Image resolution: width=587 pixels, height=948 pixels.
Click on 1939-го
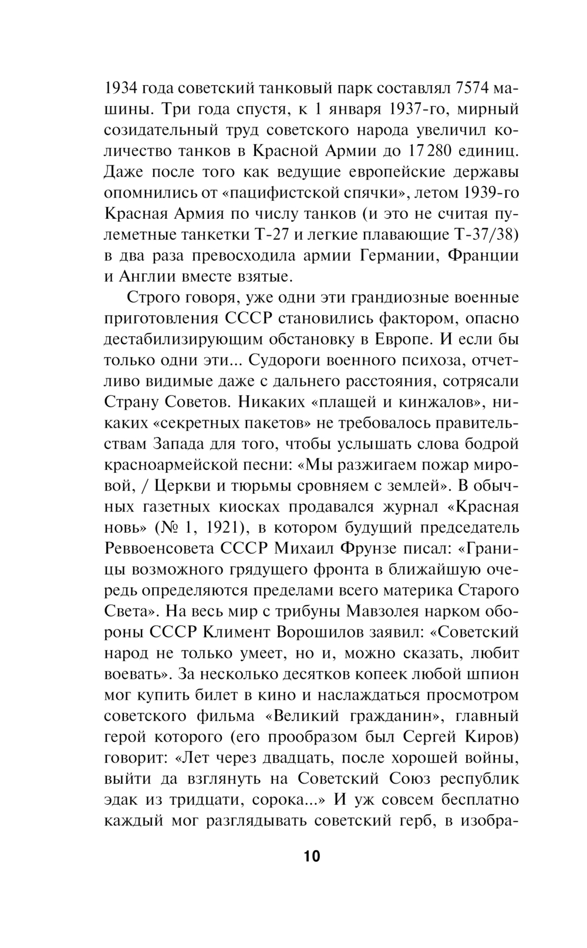pyautogui.click(x=491, y=193)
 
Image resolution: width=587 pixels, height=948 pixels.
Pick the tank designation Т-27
pyautogui.click(x=271, y=235)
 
